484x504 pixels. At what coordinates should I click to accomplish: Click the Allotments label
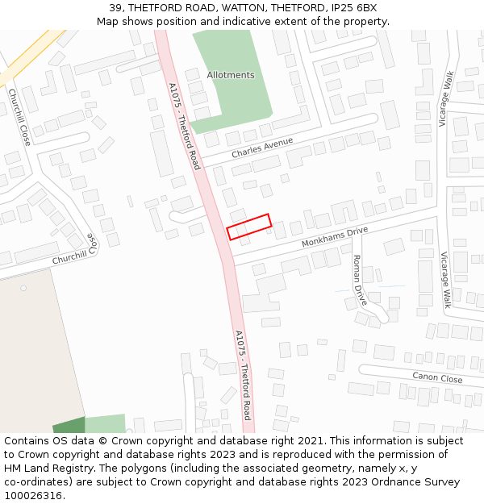pyautogui.click(x=230, y=75)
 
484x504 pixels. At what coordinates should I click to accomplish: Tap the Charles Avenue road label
pyautogui.click(x=261, y=148)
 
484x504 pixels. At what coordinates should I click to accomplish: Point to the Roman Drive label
pyautogui.click(x=359, y=279)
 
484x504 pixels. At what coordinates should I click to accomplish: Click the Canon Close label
pyautogui.click(x=437, y=377)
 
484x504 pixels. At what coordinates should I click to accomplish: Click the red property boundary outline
pyautogui.click(x=248, y=227)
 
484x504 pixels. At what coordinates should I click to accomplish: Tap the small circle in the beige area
pyautogui.click(x=23, y=288)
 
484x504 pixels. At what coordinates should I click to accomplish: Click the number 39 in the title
pyautogui.click(x=115, y=8)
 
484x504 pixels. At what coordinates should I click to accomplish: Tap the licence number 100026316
pyautogui.click(x=32, y=496)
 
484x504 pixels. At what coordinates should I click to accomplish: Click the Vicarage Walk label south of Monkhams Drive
pyautogui.click(x=445, y=280)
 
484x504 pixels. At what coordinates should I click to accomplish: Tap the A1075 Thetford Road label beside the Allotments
pyautogui.click(x=184, y=125)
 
